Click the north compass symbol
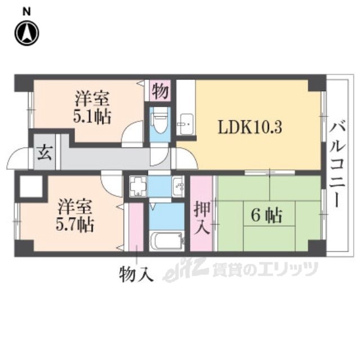[27, 33]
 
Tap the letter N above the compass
[26, 11]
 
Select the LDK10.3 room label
[250, 128]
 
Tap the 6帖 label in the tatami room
[266, 216]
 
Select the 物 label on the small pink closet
[160, 91]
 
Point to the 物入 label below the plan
[136, 274]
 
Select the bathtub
[166, 241]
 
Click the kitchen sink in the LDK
[186, 124]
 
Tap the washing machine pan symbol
[138, 186]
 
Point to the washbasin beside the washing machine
[178, 186]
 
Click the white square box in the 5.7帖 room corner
[31, 186]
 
